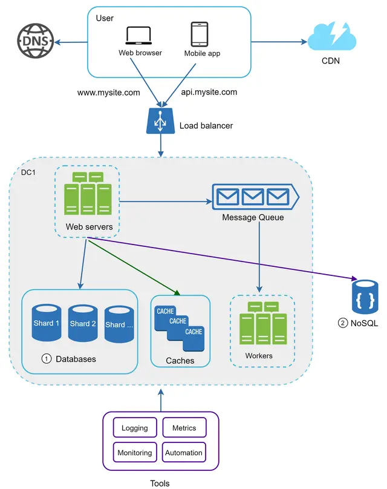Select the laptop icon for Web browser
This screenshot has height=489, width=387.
pyautogui.click(x=140, y=36)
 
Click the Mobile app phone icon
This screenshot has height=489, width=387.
pyautogui.click(x=200, y=34)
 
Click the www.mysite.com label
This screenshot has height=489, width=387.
pyautogui.click(x=109, y=93)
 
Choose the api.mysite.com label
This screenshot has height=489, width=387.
pyautogui.click(x=209, y=93)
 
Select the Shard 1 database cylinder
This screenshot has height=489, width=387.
pyautogui.click(x=47, y=323)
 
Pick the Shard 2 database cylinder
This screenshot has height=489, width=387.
pyautogui.click(x=83, y=323)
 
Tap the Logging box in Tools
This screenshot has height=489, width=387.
pyautogui.click(x=135, y=428)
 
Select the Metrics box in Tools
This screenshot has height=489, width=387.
pyautogui.click(x=184, y=428)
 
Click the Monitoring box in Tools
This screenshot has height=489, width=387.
pyautogui.click(x=135, y=453)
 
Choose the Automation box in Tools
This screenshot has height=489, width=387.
pyautogui.click(x=184, y=453)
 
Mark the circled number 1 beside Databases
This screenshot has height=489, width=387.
pyautogui.click(x=46, y=359)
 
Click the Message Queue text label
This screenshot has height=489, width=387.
pyautogui.click(x=253, y=217)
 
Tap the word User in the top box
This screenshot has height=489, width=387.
pyautogui.click(x=105, y=18)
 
